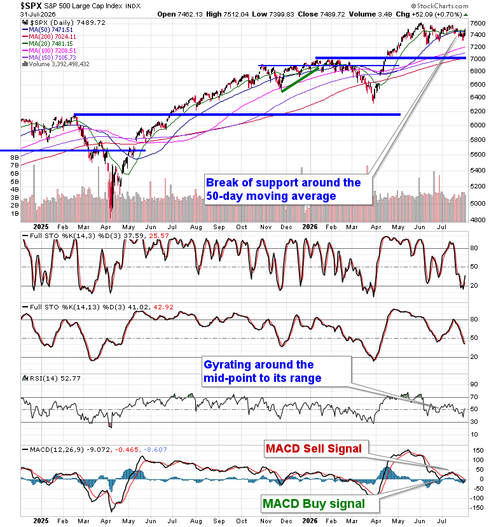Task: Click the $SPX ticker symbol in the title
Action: [31, 6]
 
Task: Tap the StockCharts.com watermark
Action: [439, 6]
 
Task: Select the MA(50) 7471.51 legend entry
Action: [50, 29]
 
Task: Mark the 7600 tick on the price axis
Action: [478, 23]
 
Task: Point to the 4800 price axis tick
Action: [478, 220]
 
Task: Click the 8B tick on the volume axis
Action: [15, 157]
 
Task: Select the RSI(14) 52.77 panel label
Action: [52, 379]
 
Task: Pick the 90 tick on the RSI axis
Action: [474, 384]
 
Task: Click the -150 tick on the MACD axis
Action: [477, 508]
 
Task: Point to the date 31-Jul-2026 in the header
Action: [38, 15]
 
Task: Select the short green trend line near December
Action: [300, 80]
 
